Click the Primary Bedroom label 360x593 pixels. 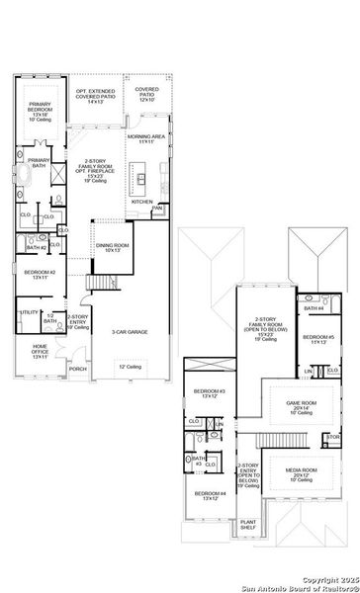coord(41,110)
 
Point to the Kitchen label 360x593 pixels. coord(142,201)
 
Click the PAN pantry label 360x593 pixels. coord(157,209)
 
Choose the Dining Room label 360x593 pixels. coord(110,246)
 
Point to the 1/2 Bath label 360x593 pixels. coord(50,318)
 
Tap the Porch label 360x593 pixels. coord(77,370)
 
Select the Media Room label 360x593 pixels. coord(302,472)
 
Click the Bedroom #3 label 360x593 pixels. coord(210,393)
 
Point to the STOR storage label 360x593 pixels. coord(333,436)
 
